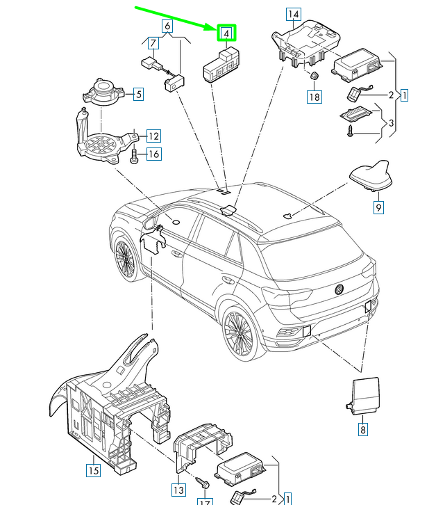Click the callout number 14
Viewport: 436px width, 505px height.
tap(294, 15)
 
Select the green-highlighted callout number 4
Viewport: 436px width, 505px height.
tap(226, 33)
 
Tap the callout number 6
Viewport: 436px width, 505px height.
tap(167, 27)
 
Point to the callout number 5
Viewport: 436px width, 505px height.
tap(137, 94)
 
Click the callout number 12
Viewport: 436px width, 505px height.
tap(153, 136)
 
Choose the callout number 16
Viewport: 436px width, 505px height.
tap(153, 154)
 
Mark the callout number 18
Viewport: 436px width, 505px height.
tap(315, 97)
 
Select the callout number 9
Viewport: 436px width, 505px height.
tap(378, 207)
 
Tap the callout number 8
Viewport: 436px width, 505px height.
tap(362, 429)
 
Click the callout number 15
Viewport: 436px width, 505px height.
tap(93, 470)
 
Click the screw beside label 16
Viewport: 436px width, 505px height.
tap(135, 154)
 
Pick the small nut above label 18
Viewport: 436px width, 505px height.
tap(313, 76)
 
